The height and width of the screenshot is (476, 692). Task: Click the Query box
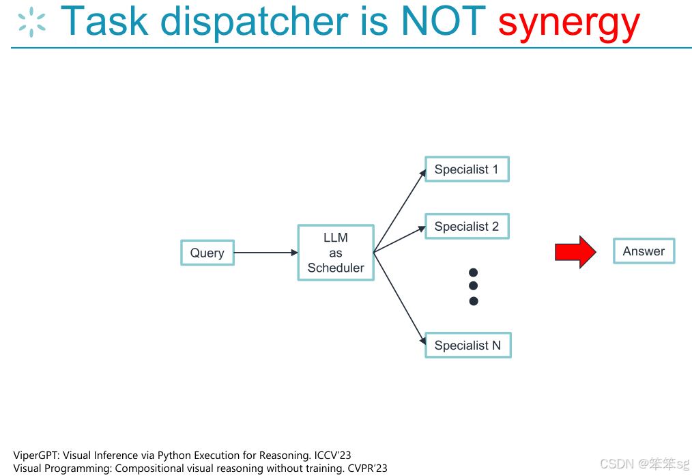[207, 253]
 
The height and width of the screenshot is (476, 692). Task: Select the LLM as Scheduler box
[336, 253]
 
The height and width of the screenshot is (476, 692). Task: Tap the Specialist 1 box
[467, 169]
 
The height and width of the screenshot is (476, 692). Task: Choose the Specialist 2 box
[467, 226]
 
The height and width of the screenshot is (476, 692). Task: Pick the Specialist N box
[467, 346]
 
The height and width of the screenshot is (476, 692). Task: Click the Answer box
[644, 251]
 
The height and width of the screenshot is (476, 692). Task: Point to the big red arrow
[575, 252]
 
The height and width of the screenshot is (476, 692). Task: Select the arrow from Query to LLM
[265, 253]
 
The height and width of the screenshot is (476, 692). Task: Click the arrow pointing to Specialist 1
[399, 211]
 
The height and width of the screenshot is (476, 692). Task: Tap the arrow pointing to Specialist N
[399, 296]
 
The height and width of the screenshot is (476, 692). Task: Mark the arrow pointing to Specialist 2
[399, 240]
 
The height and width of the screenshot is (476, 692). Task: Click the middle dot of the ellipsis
[474, 286]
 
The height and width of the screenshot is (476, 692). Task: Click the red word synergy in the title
[568, 22]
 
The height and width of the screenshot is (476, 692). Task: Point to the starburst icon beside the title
[31, 22]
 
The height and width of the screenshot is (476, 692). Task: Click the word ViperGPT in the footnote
[35, 455]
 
